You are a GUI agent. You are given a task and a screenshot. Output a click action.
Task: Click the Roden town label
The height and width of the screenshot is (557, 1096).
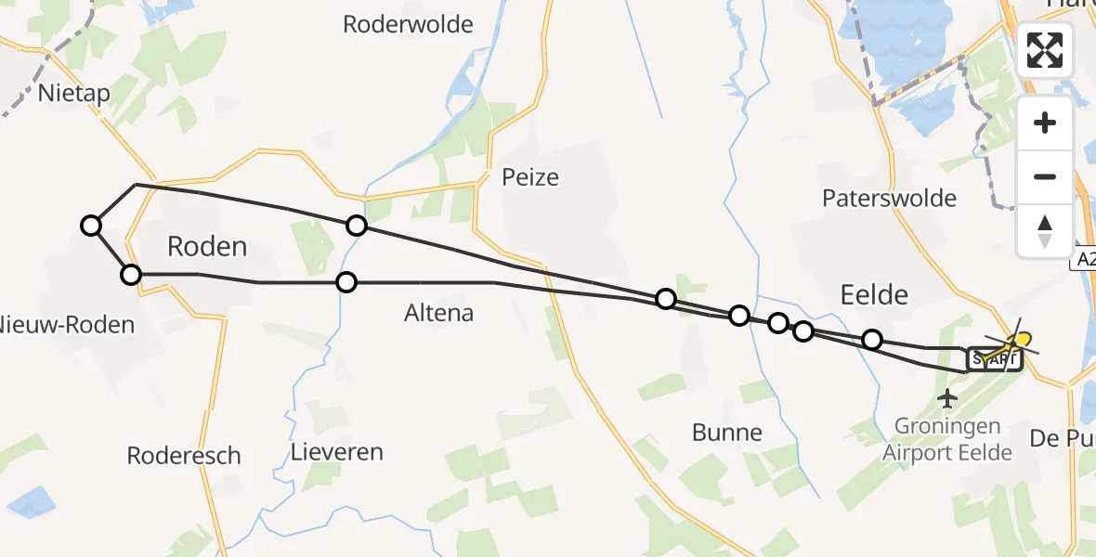pyautogui.click(x=207, y=246)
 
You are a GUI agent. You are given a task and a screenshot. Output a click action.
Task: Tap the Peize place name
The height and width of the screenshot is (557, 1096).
pyautogui.click(x=530, y=176)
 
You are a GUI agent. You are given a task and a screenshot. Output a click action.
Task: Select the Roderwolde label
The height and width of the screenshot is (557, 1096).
pyautogui.click(x=408, y=24)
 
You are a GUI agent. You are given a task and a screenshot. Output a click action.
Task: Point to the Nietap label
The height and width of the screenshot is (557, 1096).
pyautogui.click(x=74, y=93)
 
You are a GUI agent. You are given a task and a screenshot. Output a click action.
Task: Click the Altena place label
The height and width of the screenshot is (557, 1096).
pyautogui.click(x=439, y=313)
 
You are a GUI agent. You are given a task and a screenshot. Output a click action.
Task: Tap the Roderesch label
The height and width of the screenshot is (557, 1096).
pyautogui.click(x=184, y=456)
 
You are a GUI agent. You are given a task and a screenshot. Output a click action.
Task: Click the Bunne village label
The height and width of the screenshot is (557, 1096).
pyautogui.click(x=727, y=432)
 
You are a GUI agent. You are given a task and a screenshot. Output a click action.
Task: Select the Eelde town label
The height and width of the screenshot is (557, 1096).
pyautogui.click(x=873, y=295)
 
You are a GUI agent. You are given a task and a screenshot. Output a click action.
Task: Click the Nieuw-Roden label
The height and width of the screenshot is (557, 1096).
pyautogui.click(x=67, y=325)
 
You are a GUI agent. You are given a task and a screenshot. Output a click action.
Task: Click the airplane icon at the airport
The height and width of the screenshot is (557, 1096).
pyautogui.click(x=947, y=399)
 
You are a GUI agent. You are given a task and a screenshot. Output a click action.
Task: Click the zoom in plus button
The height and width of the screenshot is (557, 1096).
pyautogui.click(x=1045, y=123)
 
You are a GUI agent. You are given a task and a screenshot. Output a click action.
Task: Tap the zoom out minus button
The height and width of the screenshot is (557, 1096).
pyautogui.click(x=1045, y=176)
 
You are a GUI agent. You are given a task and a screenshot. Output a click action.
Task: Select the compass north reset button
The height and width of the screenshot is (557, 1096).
pyautogui.click(x=1045, y=230)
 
